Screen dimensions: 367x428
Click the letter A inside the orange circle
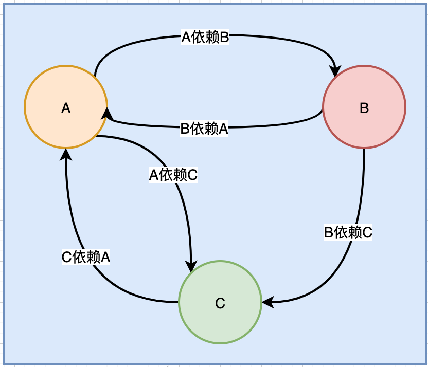[x=66, y=108]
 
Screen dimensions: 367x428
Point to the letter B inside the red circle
[x=364, y=108]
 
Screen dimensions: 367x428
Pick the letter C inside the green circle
[x=220, y=303]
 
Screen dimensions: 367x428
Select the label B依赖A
[x=204, y=129]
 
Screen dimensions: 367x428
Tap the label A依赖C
[x=173, y=175]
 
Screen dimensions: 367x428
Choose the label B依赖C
[x=348, y=232]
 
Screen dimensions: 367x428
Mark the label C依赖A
[x=86, y=256]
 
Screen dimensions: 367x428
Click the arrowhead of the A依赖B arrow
[x=336, y=71]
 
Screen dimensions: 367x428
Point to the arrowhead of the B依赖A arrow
[x=106, y=113]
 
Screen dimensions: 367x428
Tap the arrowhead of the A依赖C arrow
[x=191, y=266]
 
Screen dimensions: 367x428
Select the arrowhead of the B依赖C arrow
[x=267, y=302]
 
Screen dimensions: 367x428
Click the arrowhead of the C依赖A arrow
[x=66, y=153]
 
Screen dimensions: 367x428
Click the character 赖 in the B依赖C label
[x=353, y=232]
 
